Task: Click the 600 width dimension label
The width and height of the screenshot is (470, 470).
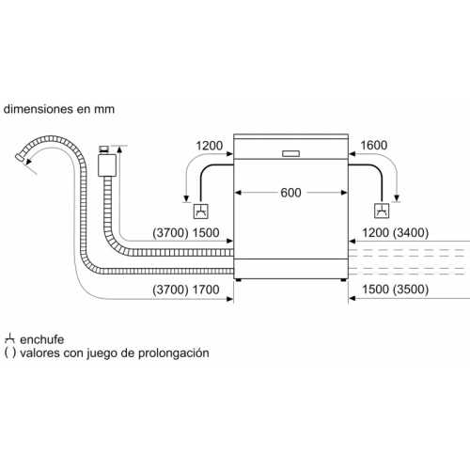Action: [x=290, y=193]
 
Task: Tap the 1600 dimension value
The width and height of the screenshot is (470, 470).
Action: [x=374, y=146]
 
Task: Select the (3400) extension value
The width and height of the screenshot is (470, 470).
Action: [x=411, y=233]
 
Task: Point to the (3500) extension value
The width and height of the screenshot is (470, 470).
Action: [x=411, y=290]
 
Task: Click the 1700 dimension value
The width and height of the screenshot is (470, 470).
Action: [x=206, y=290]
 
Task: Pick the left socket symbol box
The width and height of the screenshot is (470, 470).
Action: [x=201, y=211]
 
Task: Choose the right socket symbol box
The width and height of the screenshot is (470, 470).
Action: [x=382, y=211]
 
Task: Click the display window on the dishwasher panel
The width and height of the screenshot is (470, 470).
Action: [x=290, y=153]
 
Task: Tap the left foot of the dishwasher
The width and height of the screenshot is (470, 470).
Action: [x=239, y=280]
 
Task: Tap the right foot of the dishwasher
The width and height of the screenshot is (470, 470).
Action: [x=343, y=280]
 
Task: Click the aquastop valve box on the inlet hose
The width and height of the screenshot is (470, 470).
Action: [x=107, y=164]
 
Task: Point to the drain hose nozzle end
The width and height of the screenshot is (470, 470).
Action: [x=21, y=157]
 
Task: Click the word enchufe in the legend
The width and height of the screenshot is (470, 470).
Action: [x=41, y=339]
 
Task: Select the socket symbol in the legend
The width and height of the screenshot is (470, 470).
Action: [x=9, y=338]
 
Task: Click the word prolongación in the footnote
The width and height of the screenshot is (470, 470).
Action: [x=173, y=353]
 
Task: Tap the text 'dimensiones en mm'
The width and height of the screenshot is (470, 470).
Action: [x=59, y=109]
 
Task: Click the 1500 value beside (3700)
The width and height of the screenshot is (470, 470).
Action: [x=206, y=233]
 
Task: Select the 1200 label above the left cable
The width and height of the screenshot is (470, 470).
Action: [x=209, y=146]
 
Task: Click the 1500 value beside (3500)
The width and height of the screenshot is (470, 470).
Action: [x=376, y=290]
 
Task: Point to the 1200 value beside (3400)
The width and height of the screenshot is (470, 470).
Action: [x=376, y=233]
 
